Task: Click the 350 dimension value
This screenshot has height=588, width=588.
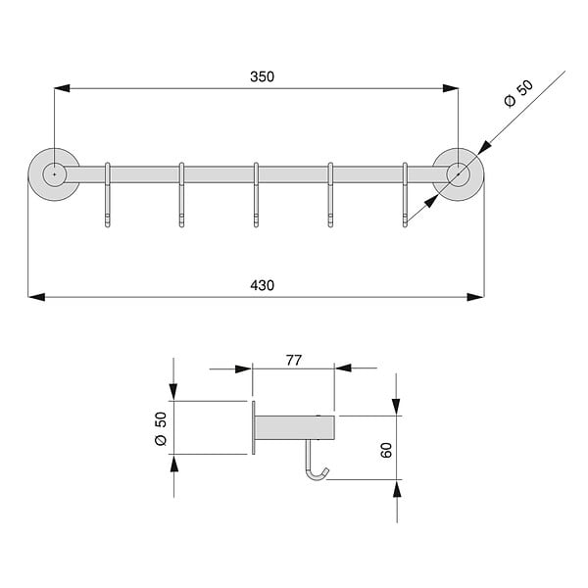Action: (262, 76)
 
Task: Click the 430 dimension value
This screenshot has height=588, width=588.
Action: (262, 285)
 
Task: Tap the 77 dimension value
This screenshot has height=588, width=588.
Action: (294, 361)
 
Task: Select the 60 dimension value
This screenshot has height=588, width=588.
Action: (386, 450)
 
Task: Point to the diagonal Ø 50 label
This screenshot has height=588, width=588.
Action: (518, 94)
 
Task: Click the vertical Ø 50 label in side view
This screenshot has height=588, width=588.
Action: (161, 428)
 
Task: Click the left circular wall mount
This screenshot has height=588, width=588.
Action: (54, 174)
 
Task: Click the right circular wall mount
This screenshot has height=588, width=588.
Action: (458, 174)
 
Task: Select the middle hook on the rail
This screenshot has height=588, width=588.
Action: (256, 195)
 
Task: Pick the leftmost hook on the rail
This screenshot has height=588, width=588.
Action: (108, 195)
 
